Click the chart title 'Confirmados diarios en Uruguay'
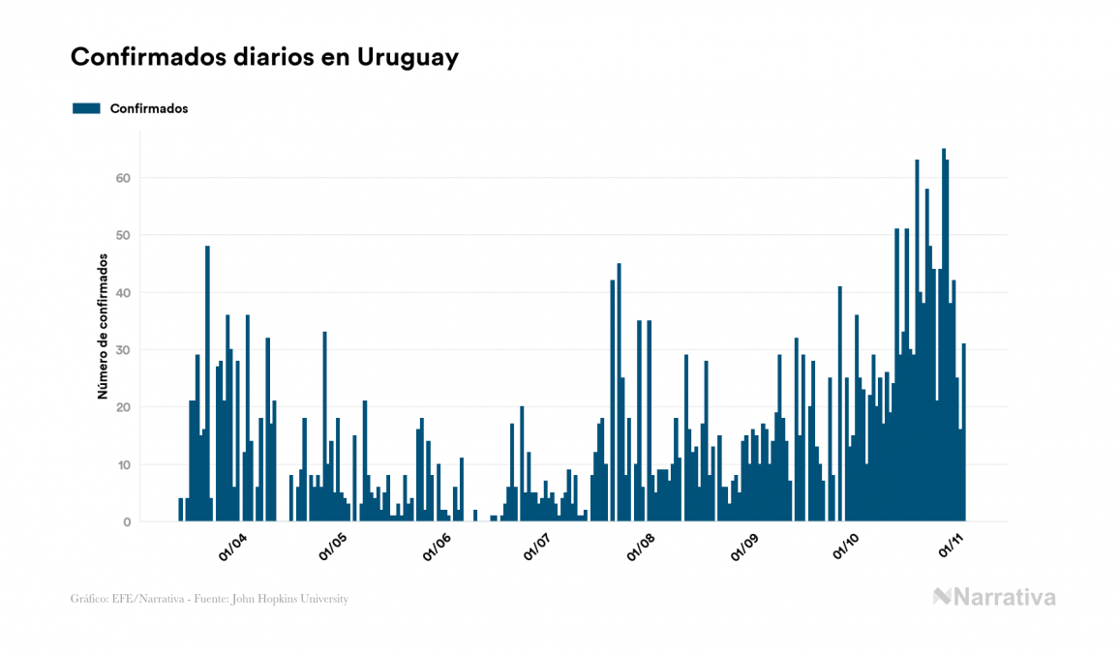(264, 57)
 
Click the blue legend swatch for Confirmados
(86, 108)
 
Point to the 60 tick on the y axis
(124, 178)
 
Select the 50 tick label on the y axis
(124, 235)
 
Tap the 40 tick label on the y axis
(124, 292)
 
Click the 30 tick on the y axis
(124, 349)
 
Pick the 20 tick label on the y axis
(124, 407)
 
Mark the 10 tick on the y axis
(124, 464)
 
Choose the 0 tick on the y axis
(127, 521)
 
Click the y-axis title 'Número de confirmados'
(102, 326)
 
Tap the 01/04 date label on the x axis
(233, 548)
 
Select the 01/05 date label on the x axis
(335, 548)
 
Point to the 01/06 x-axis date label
(438, 548)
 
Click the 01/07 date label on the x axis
(537, 548)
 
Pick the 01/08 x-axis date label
(641, 548)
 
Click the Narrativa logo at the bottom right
(994, 597)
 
